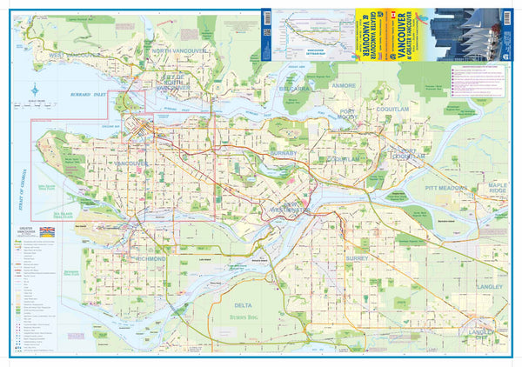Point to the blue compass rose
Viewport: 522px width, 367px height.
pos(34,90)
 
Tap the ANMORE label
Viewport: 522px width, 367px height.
pos(344,86)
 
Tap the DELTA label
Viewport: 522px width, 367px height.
pos(246,305)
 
